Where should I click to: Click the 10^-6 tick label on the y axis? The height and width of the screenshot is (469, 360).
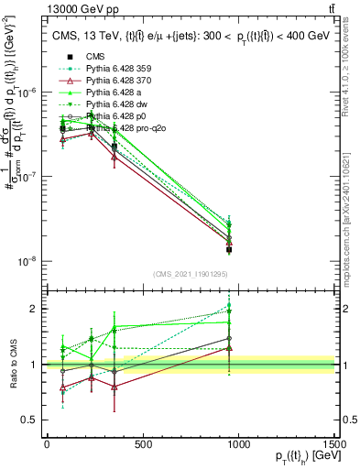coord(28,93)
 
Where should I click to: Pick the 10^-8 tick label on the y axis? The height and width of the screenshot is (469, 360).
coord(28,261)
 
